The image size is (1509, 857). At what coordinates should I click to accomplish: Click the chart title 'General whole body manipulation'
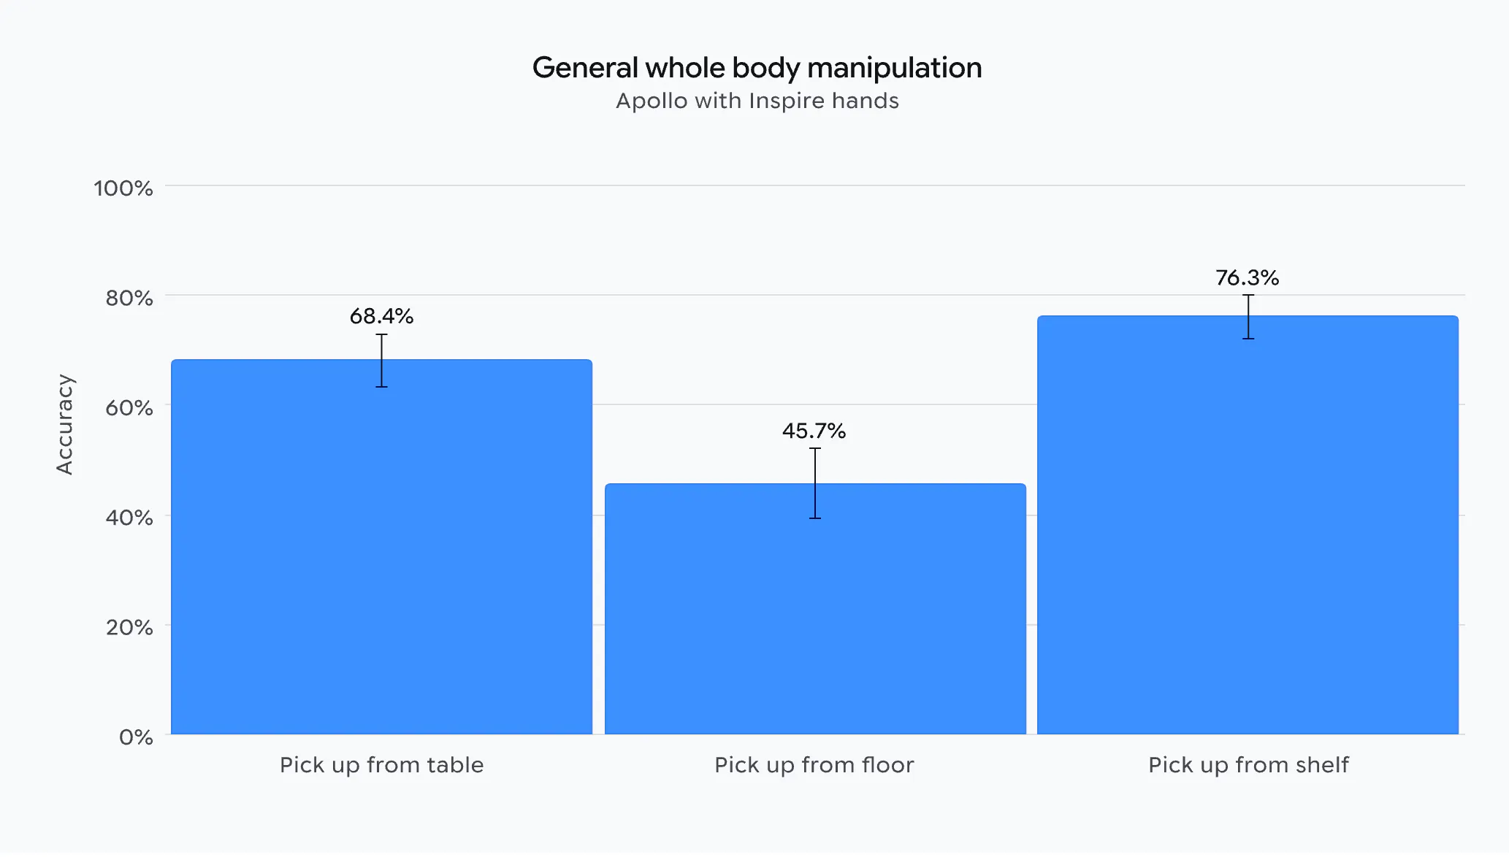757,68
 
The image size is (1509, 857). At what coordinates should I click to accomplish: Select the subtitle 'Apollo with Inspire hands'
757,101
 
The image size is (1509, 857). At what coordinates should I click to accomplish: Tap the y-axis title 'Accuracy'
65,425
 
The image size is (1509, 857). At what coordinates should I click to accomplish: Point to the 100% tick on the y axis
123,188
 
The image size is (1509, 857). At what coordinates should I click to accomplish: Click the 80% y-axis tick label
129,298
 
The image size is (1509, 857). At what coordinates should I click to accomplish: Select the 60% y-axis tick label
129,407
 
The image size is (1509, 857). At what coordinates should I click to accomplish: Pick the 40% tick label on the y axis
129,518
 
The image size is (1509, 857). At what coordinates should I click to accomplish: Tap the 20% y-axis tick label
129,627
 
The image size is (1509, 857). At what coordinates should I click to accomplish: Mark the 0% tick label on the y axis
136,737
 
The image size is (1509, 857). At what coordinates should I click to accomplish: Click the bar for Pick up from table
381,547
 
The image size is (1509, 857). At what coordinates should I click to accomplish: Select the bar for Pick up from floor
815,609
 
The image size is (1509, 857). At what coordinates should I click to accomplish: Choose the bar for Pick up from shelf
1248,525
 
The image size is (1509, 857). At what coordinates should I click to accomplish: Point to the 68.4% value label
381,316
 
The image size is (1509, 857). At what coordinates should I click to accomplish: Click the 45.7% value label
814,431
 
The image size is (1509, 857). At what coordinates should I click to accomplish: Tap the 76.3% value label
1247,277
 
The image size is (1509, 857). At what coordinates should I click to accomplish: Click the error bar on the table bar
381,361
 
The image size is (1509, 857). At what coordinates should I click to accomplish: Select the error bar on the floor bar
815,483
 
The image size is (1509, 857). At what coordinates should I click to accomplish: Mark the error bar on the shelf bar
1248,317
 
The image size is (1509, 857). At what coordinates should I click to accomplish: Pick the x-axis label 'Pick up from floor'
814,765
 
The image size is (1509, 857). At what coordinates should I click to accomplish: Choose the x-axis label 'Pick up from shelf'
1248,765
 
